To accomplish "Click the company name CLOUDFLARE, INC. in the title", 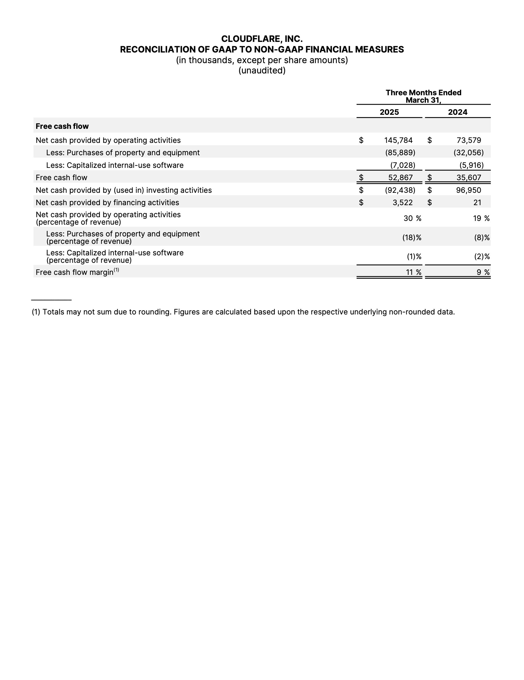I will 261,39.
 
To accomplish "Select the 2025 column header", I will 389,112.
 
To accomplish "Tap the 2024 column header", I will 457,112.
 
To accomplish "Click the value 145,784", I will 398,140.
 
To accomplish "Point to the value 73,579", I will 469,140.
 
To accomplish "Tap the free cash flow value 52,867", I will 400,178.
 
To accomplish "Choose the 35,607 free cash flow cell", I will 469,178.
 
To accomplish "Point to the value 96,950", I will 469,190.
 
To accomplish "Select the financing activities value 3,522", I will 402,203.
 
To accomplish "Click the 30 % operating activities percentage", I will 412,219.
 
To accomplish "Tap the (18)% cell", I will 412,238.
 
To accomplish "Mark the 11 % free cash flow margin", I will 413,273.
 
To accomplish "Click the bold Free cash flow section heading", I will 62,126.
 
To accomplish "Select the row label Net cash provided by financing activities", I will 107,203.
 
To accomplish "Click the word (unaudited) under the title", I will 262,71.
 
